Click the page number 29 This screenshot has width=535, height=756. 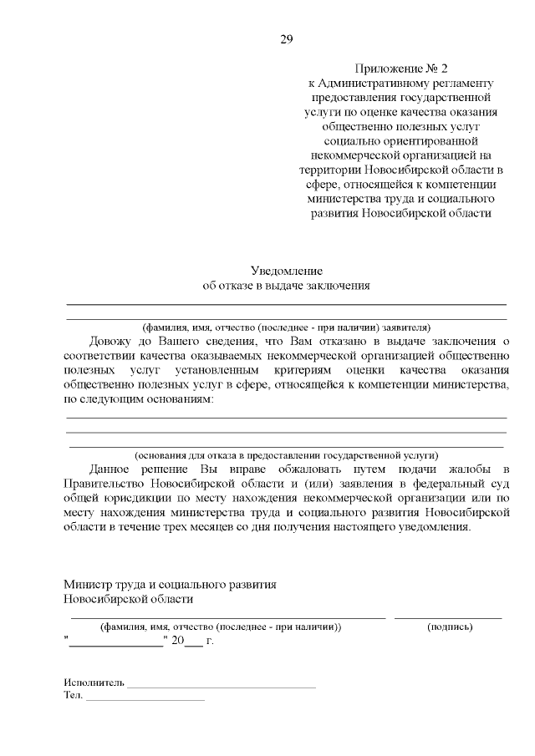point(286,39)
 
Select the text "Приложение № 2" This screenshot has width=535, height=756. point(401,68)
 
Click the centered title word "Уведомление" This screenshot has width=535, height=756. point(286,271)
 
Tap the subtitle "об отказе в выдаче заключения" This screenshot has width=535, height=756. point(286,286)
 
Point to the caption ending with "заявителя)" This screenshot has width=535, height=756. point(286,327)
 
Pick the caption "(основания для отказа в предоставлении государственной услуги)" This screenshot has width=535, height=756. point(286,455)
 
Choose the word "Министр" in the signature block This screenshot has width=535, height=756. point(88,584)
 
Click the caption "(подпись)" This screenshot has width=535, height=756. point(449,627)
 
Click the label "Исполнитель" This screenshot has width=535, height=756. point(94,682)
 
